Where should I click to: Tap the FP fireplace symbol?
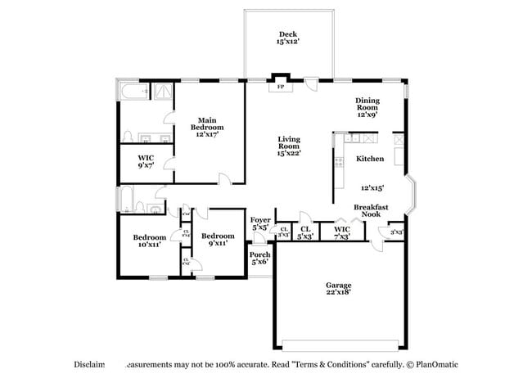point(281,86)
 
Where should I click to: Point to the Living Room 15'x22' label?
point(289,146)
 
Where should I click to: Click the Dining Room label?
point(367,107)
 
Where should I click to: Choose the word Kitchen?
point(370,159)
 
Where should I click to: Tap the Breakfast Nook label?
point(371,210)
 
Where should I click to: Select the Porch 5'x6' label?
point(259,259)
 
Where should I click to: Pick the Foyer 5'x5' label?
point(260,223)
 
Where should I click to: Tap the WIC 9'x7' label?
point(147,161)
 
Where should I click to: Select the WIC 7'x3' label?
point(342,232)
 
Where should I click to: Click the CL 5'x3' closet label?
point(305,232)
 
